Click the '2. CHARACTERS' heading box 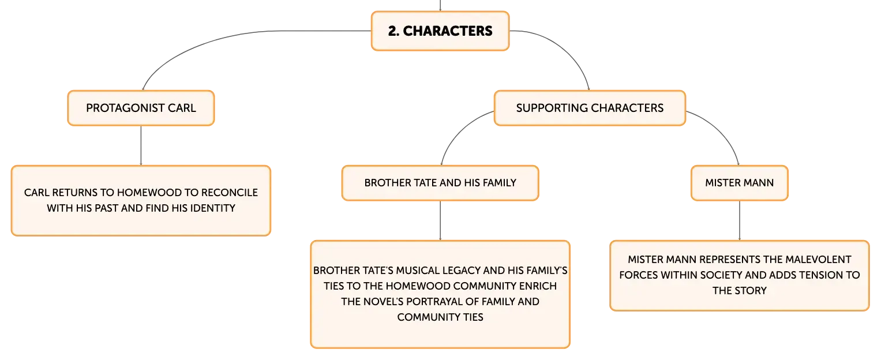pos(440,31)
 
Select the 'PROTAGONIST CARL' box pos(141,108)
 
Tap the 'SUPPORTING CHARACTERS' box pos(590,108)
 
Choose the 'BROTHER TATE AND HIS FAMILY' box pos(440,183)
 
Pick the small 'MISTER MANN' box pos(740,183)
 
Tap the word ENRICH pos(538,286)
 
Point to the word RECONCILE pos(229,192)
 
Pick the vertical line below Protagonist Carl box pos(141,145)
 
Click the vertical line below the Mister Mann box pos(740,220)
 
